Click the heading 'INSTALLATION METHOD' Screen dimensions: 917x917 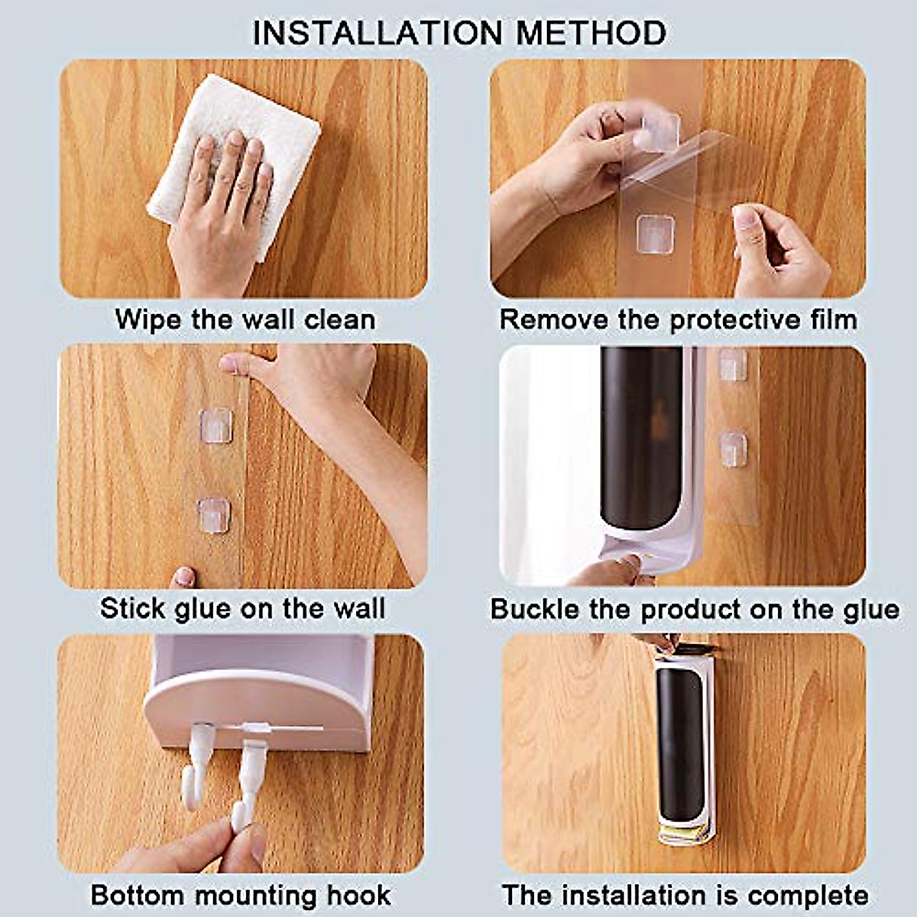point(459,33)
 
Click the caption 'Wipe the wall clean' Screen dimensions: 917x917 point(245,319)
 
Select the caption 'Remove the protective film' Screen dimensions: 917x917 point(678,319)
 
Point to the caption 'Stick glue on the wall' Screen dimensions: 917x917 point(243,609)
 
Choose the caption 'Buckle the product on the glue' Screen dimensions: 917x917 point(695,609)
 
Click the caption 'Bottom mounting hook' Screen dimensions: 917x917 point(241,895)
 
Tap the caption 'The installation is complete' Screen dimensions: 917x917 point(685,895)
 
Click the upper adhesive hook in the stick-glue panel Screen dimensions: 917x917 point(215,425)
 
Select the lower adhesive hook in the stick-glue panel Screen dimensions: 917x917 point(214,515)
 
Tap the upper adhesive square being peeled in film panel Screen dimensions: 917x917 point(660,131)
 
